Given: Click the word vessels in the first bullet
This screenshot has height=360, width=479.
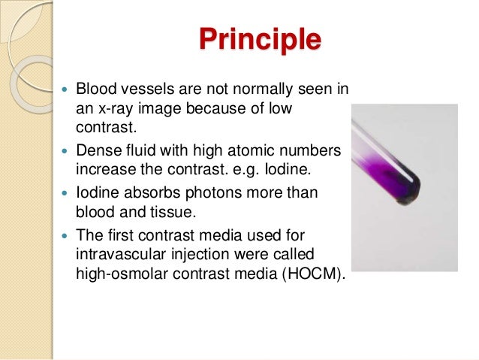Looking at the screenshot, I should (x=141, y=91).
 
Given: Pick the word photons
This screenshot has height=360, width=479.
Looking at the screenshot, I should (x=223, y=194).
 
